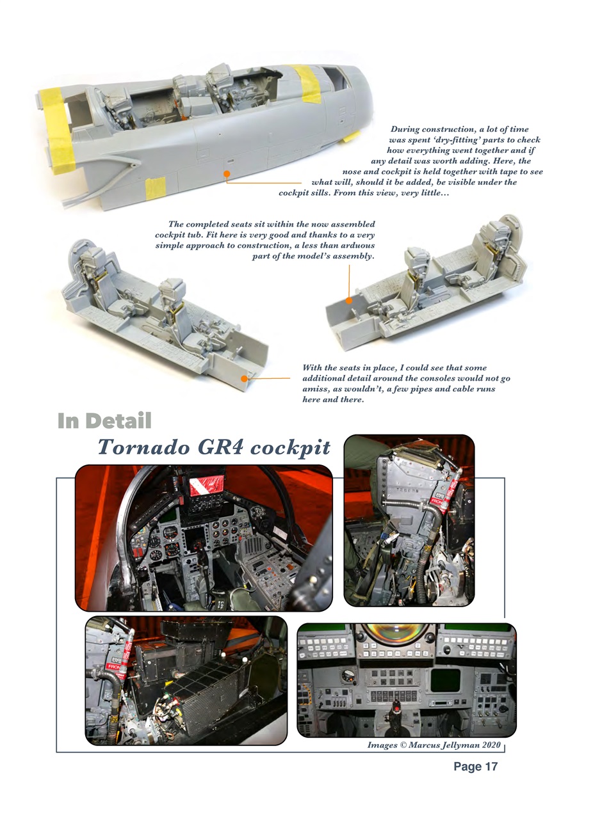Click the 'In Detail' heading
pyautogui.click(x=104, y=421)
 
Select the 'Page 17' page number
pyautogui.click(x=475, y=767)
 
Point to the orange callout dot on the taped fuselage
pyautogui.click(x=226, y=173)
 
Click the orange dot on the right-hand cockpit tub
pyautogui.click(x=349, y=300)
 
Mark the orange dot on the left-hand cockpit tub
pyautogui.click(x=244, y=379)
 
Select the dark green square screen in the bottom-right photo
pyautogui.click(x=446, y=680)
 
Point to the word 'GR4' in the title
pyautogui.click(x=221, y=447)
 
